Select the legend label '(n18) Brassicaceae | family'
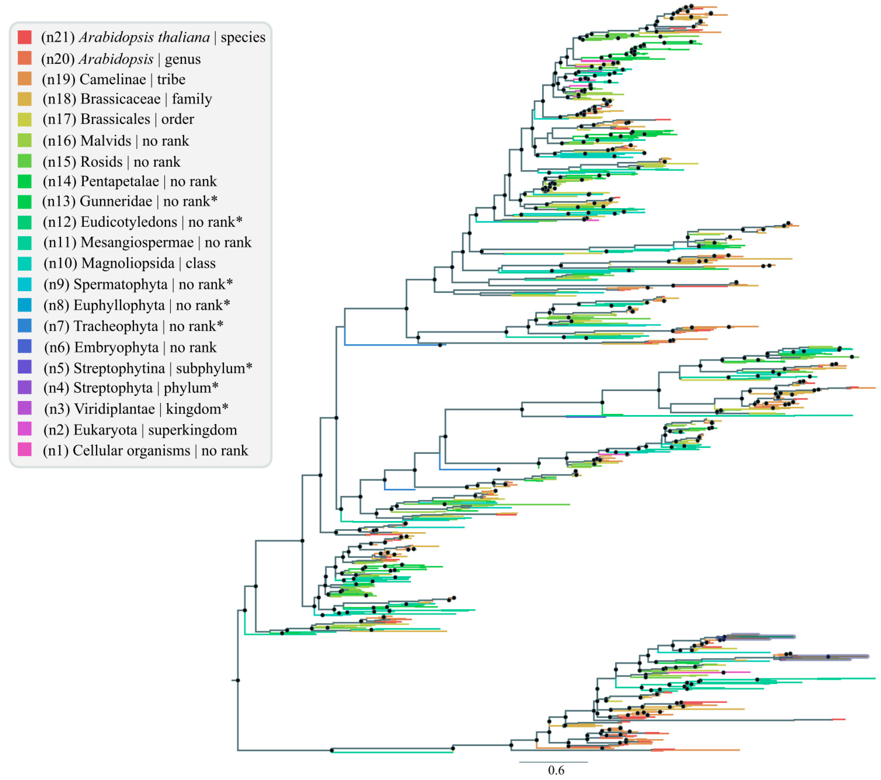(x=127, y=99)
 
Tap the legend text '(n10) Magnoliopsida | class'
(x=129, y=263)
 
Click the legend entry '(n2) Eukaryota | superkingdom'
(x=140, y=430)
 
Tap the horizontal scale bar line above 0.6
(x=553, y=762)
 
